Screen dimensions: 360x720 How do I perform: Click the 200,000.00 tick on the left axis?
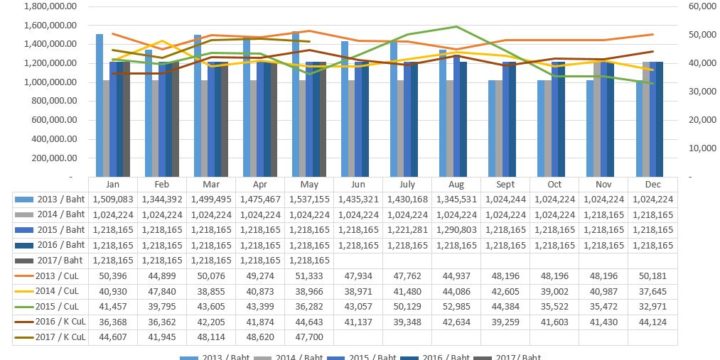pyautogui.click(x=46, y=158)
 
